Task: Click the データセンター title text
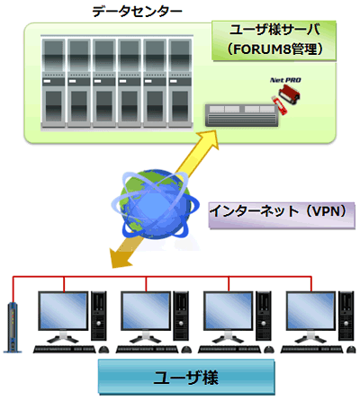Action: point(137,12)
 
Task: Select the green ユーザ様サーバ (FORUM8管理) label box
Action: point(274,40)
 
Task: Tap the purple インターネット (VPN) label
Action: point(282,216)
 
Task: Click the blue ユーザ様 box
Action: point(186,377)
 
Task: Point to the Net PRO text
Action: point(285,80)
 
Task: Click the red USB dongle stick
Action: point(280,104)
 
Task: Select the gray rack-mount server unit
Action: point(242,115)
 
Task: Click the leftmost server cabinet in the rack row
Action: point(53,84)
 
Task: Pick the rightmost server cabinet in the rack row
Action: point(180,84)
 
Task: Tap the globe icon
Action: point(155,205)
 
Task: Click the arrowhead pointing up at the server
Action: point(209,140)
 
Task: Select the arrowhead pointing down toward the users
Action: point(120,258)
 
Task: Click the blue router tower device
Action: point(13,327)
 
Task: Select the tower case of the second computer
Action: point(182,316)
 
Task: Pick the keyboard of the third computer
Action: point(229,350)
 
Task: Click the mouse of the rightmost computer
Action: point(351,350)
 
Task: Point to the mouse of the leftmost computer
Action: point(103,350)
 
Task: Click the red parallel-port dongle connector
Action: point(289,94)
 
